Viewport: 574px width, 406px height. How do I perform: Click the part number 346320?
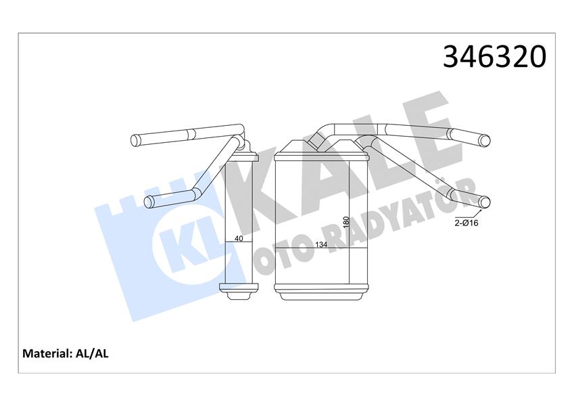pos(494,58)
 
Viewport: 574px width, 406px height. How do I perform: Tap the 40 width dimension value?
pos(238,238)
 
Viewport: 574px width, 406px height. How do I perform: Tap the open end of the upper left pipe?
pos(135,141)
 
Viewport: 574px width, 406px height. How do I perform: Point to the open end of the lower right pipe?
pos(485,201)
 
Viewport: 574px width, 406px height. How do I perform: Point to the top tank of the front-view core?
pos(322,152)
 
